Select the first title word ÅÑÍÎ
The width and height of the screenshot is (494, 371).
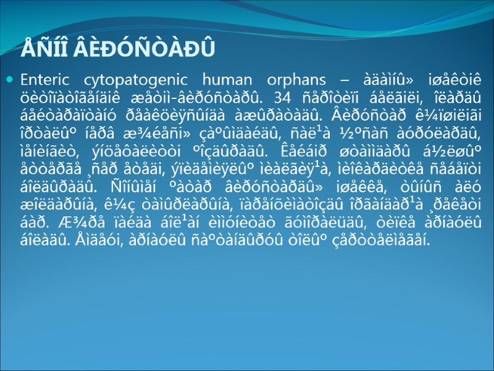pos(42,48)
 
